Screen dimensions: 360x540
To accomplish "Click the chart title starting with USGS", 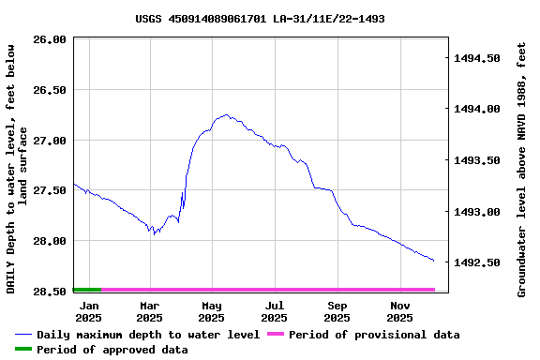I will (260, 19).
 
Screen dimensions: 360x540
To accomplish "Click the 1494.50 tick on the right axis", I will (477, 58).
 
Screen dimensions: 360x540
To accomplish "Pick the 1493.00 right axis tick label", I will (477, 212).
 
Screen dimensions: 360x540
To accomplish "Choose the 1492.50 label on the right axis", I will (477, 262).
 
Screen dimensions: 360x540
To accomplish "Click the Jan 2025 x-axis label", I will (89, 310).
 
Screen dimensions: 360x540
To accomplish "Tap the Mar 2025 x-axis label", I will (150, 310).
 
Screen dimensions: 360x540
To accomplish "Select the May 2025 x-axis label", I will (212, 310).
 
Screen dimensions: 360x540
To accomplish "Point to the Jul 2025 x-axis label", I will (275, 310).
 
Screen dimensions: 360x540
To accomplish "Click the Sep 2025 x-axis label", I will (337, 310).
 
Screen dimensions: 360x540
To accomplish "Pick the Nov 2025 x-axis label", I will (400, 310).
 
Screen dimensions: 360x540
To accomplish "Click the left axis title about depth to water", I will (17, 169).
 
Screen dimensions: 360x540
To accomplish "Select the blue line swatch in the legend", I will (23, 335).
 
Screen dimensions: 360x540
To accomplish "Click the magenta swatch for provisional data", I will (275, 335).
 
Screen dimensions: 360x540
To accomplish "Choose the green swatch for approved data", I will (23, 350).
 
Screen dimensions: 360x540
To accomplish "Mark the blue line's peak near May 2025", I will (226, 114).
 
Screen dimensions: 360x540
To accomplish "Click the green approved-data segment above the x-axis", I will (86, 290).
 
